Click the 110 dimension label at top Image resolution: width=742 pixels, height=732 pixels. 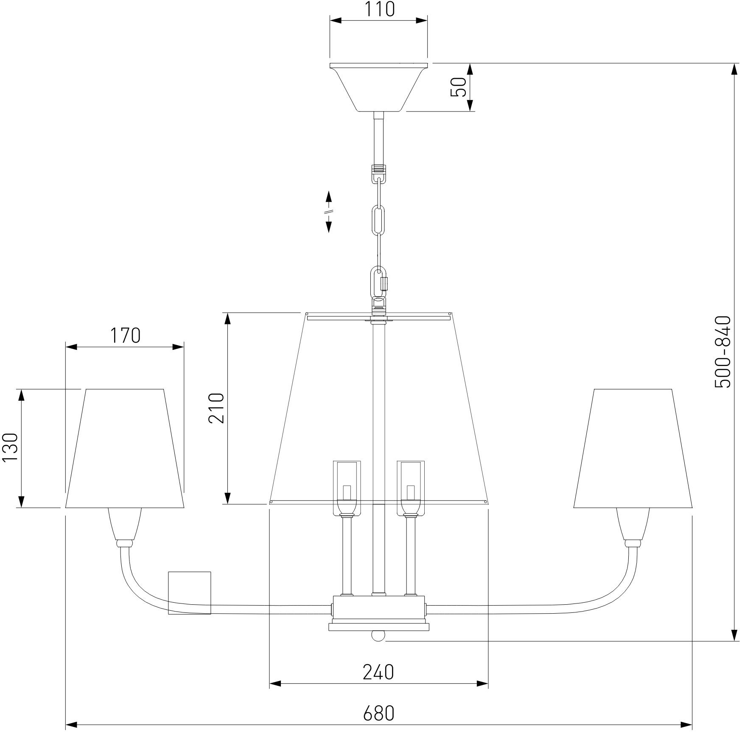(379, 9)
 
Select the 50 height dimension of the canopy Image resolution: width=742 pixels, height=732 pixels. (459, 87)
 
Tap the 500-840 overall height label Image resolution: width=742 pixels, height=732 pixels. (723, 352)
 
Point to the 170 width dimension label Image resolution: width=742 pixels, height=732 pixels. (125, 335)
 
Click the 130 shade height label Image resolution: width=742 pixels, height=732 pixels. (10, 448)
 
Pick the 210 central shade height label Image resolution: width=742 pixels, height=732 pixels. (216, 408)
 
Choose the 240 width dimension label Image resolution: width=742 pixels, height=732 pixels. (378, 672)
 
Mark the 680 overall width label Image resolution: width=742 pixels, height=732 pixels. (379, 713)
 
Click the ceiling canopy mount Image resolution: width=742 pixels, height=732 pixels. (378, 87)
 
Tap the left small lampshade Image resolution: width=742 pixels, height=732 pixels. (125, 448)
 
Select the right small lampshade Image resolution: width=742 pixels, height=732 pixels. (633, 448)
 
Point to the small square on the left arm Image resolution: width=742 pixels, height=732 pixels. (190, 593)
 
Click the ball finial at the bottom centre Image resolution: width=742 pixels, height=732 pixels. (378, 636)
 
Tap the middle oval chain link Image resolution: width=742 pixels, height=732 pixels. (378, 220)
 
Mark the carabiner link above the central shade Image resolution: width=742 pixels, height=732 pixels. (379, 282)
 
